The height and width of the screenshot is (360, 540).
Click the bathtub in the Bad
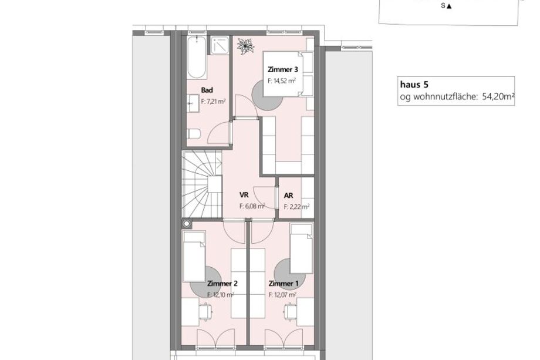(x=197, y=57)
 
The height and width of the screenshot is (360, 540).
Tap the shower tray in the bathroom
(x=220, y=45)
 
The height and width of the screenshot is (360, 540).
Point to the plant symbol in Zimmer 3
(x=245, y=46)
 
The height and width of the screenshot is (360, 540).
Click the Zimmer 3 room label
(x=283, y=69)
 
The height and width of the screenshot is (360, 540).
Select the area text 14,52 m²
(x=282, y=81)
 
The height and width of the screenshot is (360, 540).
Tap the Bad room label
(x=207, y=90)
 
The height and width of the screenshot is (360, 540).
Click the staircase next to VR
(x=202, y=184)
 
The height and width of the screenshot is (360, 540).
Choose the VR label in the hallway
(x=244, y=195)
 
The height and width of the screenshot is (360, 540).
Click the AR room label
(x=289, y=196)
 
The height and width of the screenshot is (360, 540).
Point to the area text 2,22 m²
(x=296, y=207)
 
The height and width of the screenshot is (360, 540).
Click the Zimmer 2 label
(x=222, y=284)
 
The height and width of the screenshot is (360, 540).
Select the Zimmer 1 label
(x=283, y=284)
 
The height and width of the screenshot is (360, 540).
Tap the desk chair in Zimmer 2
(x=206, y=312)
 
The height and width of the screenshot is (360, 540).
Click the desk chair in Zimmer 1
(x=291, y=312)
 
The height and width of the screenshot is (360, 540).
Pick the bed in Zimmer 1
(x=301, y=248)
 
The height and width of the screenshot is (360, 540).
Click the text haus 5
(x=414, y=85)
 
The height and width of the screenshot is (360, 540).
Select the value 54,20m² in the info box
(x=498, y=97)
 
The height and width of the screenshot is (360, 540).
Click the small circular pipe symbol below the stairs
(x=187, y=224)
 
